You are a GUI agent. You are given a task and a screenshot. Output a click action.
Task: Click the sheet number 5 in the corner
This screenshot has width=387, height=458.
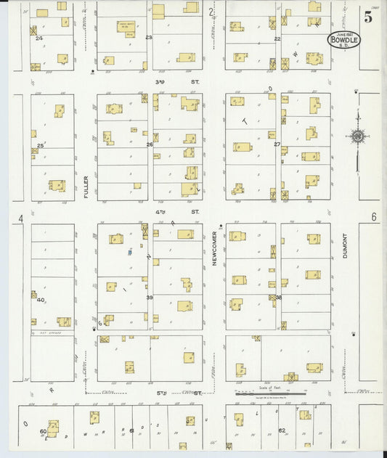[x=369, y=17]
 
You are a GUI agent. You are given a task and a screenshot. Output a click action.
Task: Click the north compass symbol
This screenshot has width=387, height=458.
[x=357, y=136]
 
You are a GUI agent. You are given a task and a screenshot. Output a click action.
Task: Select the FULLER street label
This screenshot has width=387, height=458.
[x=86, y=187]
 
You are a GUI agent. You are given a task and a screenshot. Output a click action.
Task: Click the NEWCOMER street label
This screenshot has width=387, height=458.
[x=215, y=248]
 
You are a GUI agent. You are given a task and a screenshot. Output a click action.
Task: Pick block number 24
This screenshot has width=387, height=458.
[x=38, y=38]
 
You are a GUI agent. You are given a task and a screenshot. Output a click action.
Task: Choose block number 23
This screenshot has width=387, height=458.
[x=149, y=37]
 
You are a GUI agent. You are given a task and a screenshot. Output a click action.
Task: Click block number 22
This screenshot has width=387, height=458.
[x=277, y=38]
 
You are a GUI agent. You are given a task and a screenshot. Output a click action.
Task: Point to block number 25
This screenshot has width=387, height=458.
[x=41, y=145]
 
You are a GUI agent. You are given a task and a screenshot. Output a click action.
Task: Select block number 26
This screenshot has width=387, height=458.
[x=150, y=144]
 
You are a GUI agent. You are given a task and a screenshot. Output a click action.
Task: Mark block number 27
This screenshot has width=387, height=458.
[x=277, y=144]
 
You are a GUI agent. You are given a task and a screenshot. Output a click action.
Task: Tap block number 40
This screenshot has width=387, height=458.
[x=41, y=300]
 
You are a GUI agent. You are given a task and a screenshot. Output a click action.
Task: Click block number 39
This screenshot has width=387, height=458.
[x=150, y=298]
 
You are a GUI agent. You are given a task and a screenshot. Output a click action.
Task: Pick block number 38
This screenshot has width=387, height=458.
[x=278, y=297]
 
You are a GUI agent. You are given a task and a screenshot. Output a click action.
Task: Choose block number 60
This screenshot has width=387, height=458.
[x=44, y=431]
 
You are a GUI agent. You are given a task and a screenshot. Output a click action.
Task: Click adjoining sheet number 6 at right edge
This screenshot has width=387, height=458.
[x=373, y=217]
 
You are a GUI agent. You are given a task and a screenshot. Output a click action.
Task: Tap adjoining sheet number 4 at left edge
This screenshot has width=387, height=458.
[x=21, y=218]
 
